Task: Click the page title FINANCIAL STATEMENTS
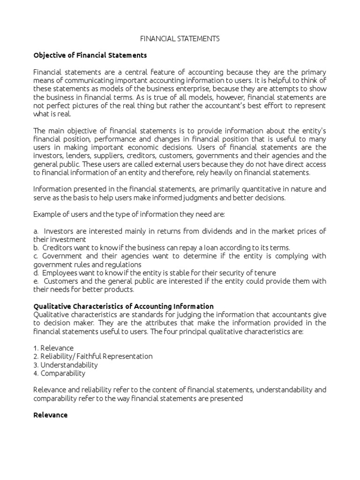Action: [x=180, y=39]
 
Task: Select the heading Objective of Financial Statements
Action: [x=90, y=55]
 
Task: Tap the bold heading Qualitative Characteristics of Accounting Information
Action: [x=124, y=306]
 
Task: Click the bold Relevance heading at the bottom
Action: [x=51, y=415]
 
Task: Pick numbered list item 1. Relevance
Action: [x=53, y=348]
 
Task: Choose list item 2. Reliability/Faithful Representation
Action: [x=93, y=356]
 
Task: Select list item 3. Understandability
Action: [x=66, y=365]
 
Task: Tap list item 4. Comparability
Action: [x=60, y=373]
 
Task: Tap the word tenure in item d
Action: [x=265, y=273]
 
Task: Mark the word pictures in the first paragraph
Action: [x=81, y=105]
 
